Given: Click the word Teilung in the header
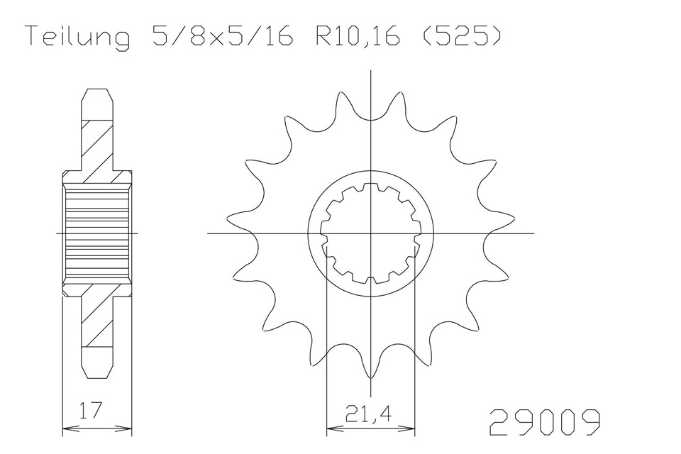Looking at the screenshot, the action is tap(78, 36).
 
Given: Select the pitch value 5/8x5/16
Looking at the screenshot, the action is tap(222, 35).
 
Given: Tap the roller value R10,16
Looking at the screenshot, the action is tap(357, 36).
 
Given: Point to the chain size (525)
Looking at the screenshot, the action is tap(462, 35).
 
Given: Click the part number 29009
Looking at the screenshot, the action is tap(546, 422).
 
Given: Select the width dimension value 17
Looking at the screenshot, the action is tap(91, 410).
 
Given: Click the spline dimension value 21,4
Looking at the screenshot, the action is tap(368, 414).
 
